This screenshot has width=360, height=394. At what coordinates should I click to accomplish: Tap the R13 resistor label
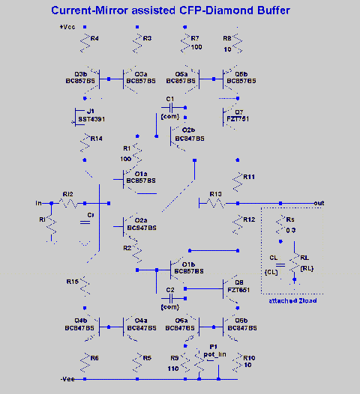[216, 194]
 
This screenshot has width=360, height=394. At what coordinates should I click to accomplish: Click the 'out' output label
[319, 203]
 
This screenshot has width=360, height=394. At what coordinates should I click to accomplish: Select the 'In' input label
[39, 203]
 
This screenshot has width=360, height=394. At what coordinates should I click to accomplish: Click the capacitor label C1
[170, 99]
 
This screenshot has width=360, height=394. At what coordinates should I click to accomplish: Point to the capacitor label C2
[169, 289]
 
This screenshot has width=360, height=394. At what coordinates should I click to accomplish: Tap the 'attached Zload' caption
[292, 300]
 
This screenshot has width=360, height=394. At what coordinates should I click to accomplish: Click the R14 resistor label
[96, 139]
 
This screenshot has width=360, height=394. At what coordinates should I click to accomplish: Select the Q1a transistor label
[141, 174]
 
